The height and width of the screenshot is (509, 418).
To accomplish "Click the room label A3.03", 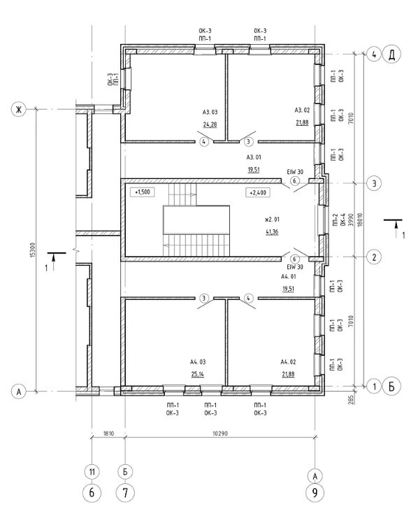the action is (x=210, y=113).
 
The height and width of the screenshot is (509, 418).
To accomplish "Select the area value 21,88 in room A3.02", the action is (x=302, y=123).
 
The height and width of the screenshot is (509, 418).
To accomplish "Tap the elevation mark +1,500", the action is (x=142, y=192).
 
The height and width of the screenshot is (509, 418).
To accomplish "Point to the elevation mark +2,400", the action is (x=258, y=192).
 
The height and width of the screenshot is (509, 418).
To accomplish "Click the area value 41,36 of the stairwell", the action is (x=272, y=232).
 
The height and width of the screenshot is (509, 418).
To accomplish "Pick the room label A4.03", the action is (x=198, y=362).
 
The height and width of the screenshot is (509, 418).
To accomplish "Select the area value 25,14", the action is (x=198, y=374).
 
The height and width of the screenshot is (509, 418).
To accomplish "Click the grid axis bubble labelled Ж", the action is (x=18, y=109).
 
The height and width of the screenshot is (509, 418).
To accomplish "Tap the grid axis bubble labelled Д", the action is (x=391, y=55).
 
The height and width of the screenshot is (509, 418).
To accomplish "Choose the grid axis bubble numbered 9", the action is (x=315, y=493).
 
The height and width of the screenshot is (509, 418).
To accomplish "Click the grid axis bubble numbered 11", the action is (x=92, y=471).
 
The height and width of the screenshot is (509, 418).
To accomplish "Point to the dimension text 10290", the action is (x=220, y=433).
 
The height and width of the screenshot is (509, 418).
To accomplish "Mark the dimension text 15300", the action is (x=31, y=250).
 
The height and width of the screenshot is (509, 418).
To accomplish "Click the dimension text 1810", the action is (x=108, y=433).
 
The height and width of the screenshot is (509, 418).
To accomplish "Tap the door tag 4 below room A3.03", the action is (x=204, y=142).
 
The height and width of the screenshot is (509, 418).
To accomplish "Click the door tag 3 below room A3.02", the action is (x=248, y=142).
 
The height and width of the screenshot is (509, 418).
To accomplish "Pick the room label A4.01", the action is (x=289, y=277).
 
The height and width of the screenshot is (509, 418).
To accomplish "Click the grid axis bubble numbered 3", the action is (x=374, y=183).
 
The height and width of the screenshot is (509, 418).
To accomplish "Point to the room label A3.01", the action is (x=254, y=157).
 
